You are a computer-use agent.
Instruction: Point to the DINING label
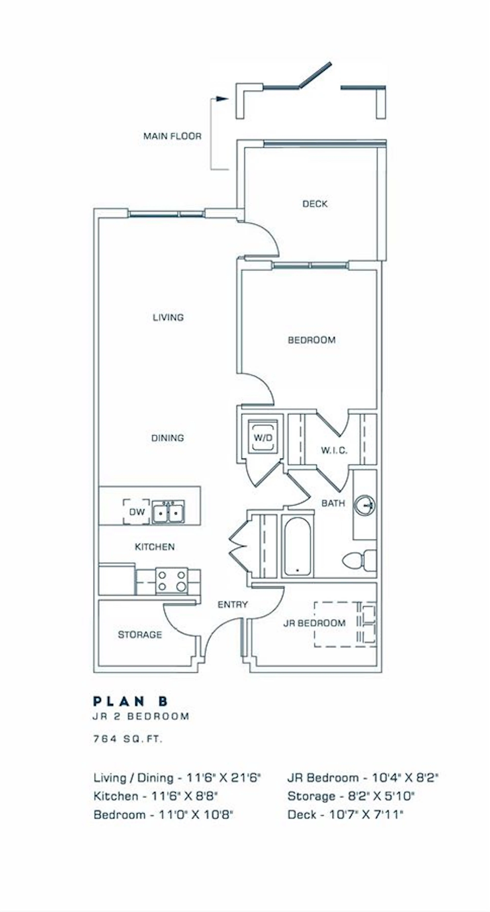[x=167, y=438]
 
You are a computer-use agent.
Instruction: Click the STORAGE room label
[x=140, y=635]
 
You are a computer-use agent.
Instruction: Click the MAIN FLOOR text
[x=172, y=136]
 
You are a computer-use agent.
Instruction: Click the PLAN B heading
[x=130, y=701]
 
